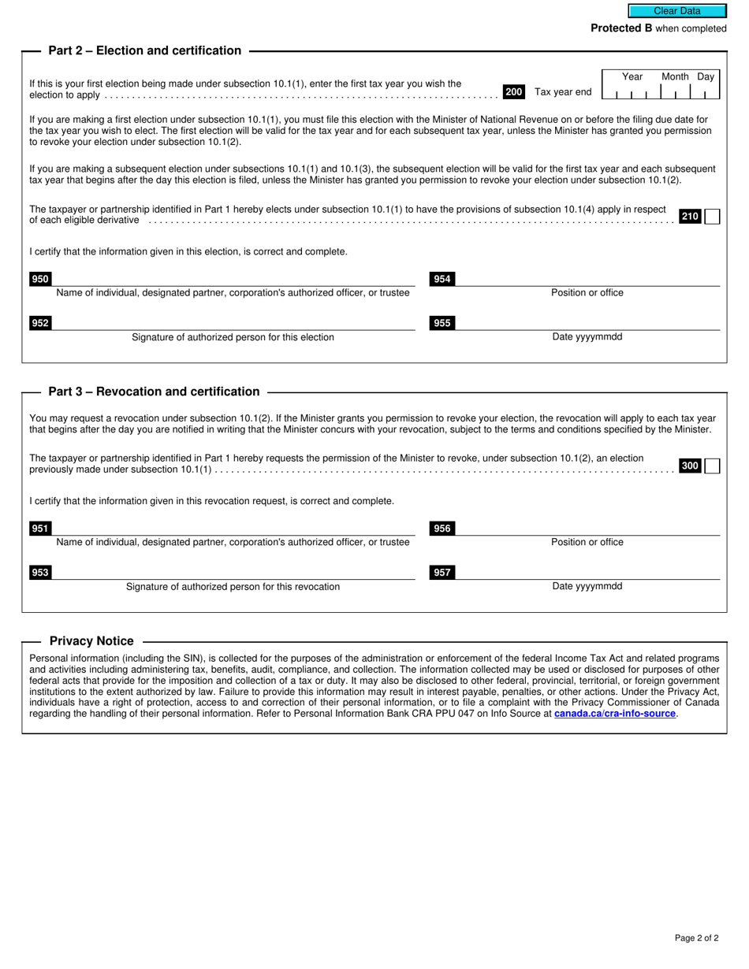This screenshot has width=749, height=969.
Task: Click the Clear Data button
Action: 676,11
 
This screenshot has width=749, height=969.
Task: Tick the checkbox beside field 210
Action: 712,217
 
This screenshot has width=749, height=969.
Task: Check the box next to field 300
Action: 712,466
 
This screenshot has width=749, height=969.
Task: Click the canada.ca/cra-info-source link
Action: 615,714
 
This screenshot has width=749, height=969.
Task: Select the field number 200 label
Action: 514,92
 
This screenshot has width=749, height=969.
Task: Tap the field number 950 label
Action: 40,279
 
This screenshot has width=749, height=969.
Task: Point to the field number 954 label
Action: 442,279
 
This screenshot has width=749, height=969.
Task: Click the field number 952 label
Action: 40,323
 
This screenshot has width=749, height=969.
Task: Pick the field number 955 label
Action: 442,323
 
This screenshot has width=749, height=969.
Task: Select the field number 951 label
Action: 40,529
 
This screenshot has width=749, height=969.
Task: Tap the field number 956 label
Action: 442,529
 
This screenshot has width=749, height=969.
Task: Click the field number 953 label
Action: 40,573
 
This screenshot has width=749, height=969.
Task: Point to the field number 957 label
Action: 442,573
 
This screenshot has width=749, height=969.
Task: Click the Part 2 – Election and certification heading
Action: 145,50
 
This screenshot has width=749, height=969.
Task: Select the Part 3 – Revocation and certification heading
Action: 154,392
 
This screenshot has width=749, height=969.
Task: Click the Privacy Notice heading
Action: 91,641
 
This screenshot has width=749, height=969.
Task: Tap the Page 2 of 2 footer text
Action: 696,937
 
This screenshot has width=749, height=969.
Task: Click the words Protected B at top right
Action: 621,28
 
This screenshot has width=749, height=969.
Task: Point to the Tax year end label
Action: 563,92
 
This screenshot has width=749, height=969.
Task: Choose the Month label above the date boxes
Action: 675,76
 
